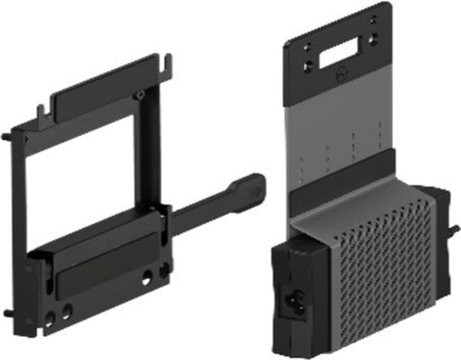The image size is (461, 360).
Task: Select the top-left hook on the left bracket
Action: pyautogui.click(x=41, y=114)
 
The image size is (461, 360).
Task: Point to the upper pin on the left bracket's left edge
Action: pyautogui.click(x=6, y=136)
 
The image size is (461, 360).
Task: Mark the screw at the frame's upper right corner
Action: pyautogui.click(x=139, y=96)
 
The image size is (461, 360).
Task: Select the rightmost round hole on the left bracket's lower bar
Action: pyautogui.click(x=165, y=270)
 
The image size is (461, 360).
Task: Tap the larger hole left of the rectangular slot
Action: pyautogui.click(x=309, y=65)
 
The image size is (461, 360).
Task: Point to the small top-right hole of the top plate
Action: pyautogui.click(x=373, y=20)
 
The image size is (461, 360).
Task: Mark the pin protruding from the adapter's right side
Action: pyautogui.click(x=455, y=228)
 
